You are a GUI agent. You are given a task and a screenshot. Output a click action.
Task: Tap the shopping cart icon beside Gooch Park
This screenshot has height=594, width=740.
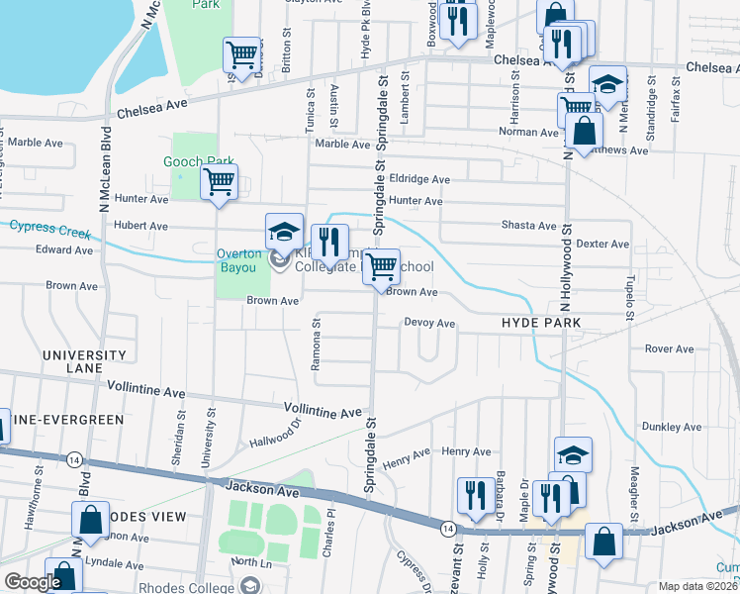(219, 182)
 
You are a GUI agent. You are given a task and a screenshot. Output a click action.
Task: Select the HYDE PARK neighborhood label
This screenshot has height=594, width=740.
(539, 324)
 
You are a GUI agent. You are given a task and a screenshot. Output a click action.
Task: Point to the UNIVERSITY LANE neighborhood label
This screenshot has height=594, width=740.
(84, 361)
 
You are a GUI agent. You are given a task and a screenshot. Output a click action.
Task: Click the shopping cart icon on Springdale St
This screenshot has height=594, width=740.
(381, 265)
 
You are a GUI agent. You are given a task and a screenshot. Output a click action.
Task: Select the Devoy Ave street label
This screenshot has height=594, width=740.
(429, 324)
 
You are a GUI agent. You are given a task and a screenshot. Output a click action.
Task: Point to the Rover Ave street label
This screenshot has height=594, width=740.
(670, 348)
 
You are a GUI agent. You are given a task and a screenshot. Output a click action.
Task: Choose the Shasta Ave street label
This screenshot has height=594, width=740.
(529, 226)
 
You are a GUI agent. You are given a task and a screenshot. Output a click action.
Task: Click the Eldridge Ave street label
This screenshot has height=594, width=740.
(419, 180)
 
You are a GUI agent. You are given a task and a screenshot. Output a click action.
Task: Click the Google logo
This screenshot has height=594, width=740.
(33, 583)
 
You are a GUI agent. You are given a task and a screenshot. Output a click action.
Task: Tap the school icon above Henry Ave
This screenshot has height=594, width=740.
(573, 454)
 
